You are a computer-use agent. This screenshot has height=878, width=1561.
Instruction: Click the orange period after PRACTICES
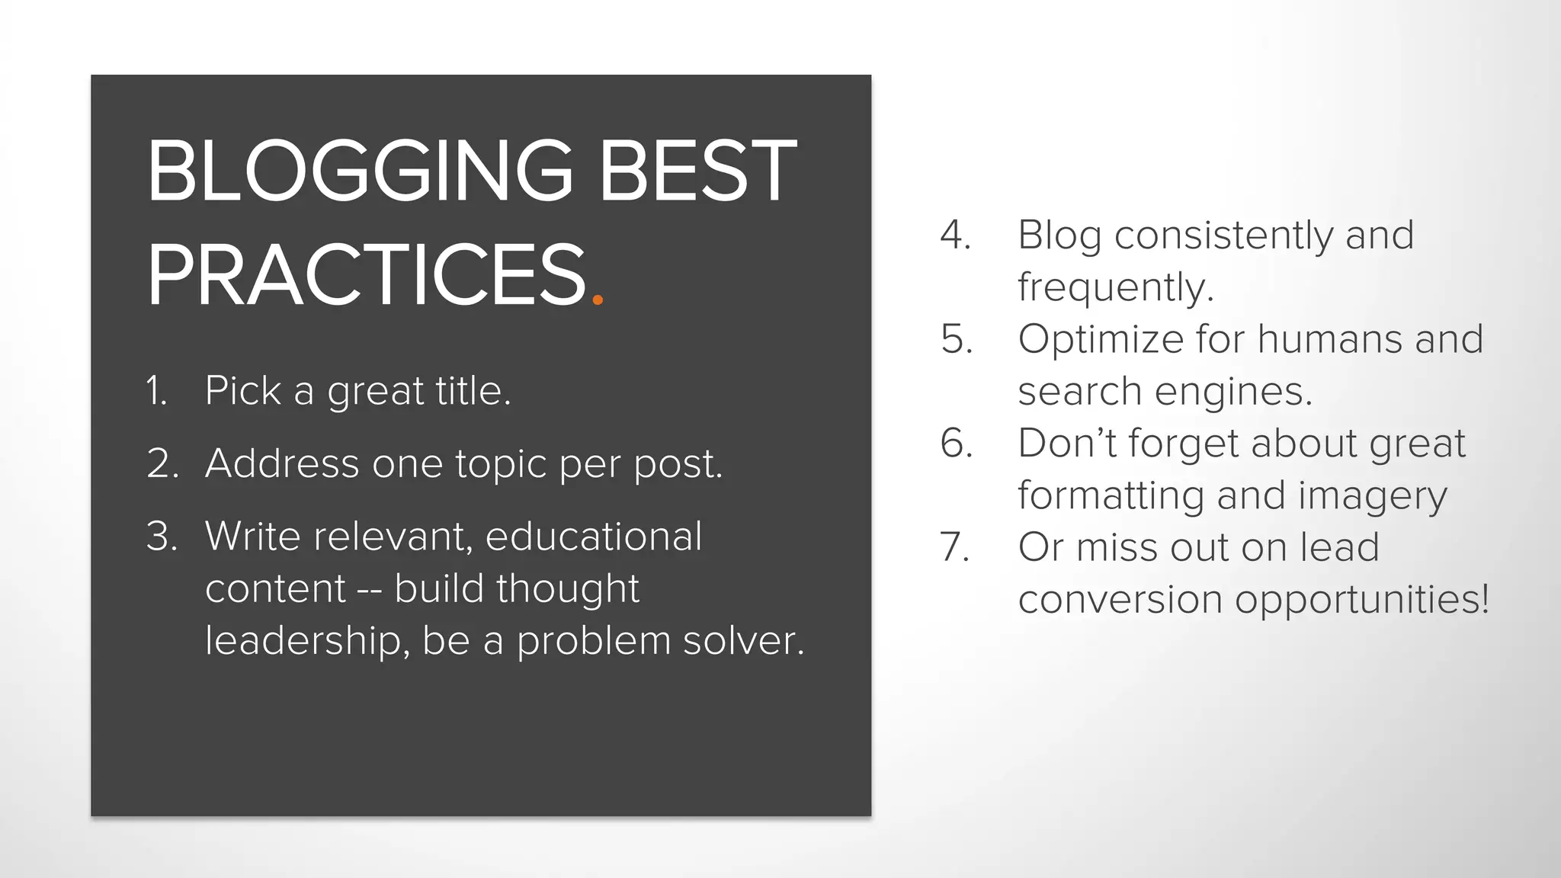coord(598,300)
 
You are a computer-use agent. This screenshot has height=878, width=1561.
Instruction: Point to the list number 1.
coord(156,391)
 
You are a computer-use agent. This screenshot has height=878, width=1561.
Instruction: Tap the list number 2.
coord(162,463)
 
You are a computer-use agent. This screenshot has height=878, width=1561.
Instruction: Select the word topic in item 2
coord(501,463)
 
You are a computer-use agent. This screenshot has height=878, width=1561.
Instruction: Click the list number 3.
coord(162,537)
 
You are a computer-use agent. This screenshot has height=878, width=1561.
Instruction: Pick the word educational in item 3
coord(593,537)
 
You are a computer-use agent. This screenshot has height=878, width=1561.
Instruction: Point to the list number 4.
coord(955,235)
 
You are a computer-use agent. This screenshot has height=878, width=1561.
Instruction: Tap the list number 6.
coord(957,443)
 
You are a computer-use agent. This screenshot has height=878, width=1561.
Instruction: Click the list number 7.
coord(955,547)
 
